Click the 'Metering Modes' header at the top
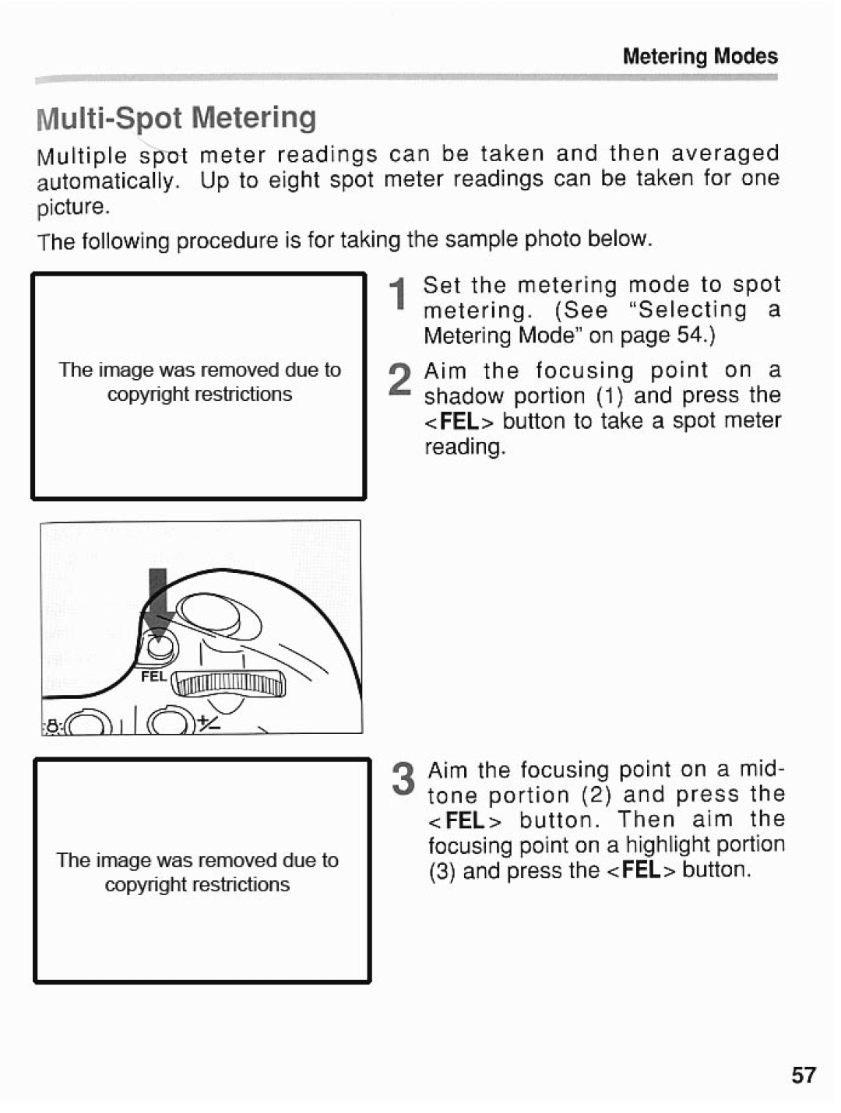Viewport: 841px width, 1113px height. point(699,56)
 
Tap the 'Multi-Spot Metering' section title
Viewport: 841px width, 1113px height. point(177,118)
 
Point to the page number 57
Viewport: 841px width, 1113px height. point(804,1076)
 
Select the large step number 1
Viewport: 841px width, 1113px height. point(398,296)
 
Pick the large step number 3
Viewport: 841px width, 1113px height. point(403,780)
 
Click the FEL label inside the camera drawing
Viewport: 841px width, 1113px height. point(153,676)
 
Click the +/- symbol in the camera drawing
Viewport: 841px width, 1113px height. point(208,723)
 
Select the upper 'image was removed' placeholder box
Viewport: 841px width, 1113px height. point(199,386)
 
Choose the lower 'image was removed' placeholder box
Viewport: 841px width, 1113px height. point(202,870)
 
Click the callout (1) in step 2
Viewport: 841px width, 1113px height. point(611,396)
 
